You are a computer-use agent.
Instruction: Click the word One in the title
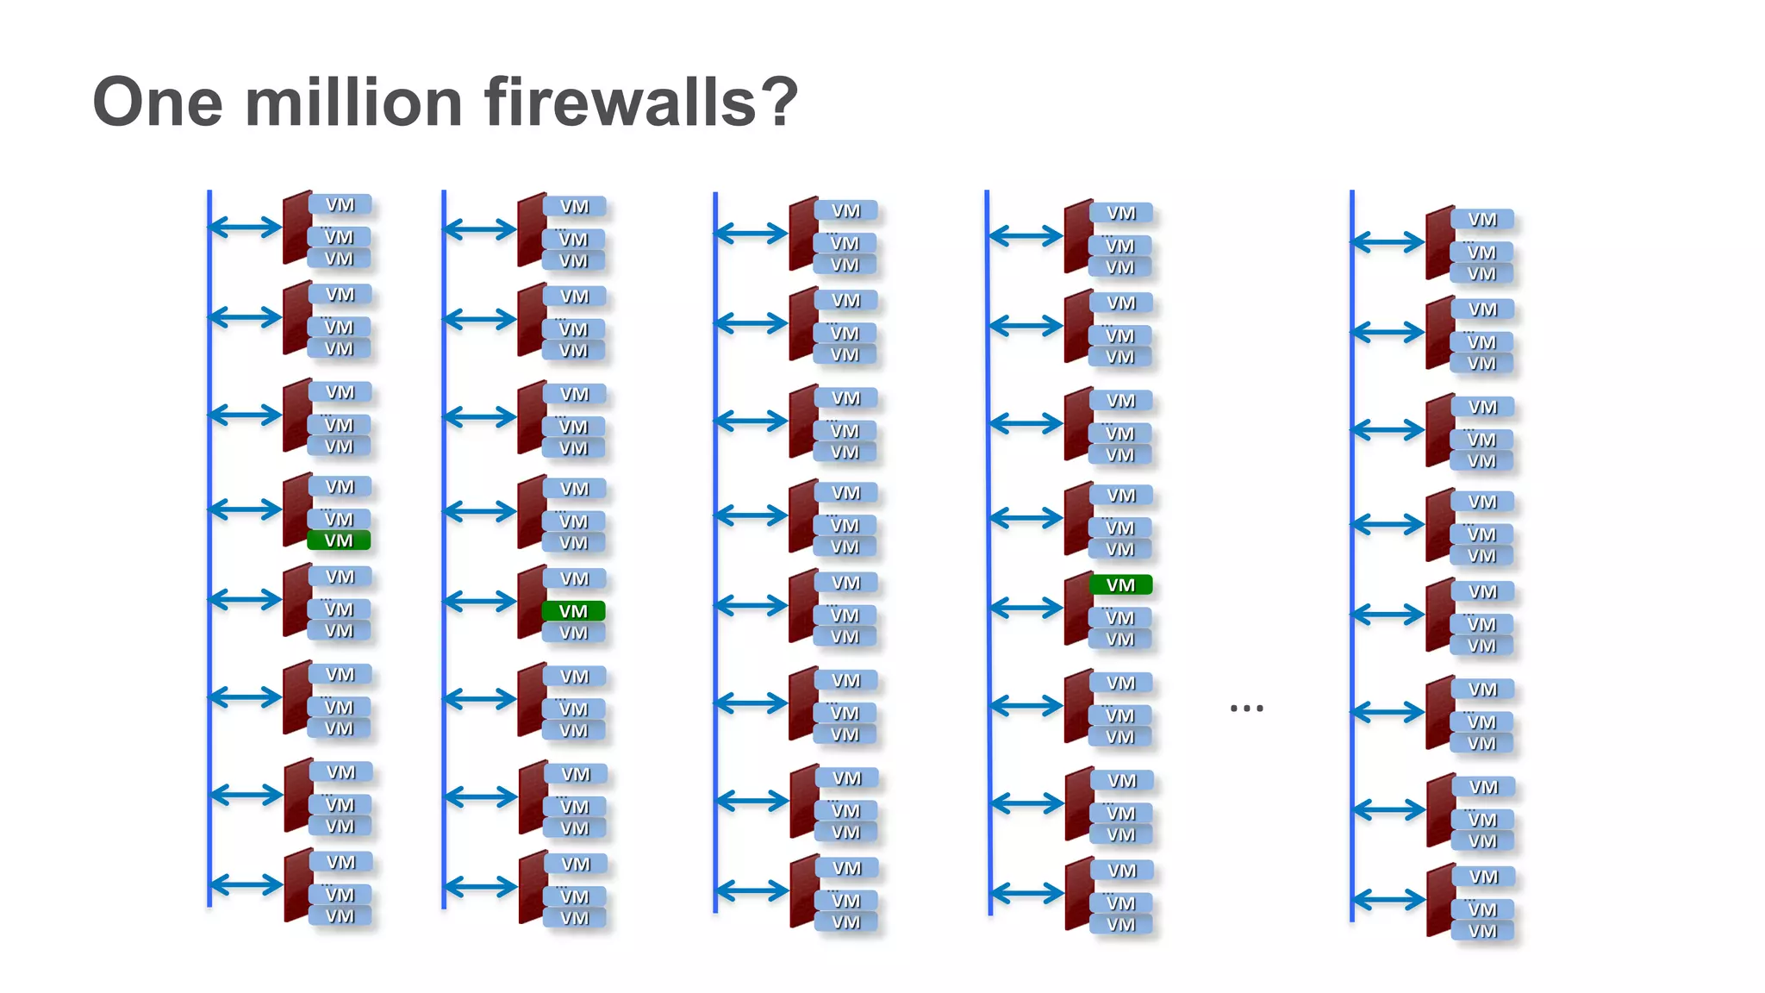click(x=158, y=102)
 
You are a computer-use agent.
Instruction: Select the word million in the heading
click(x=354, y=102)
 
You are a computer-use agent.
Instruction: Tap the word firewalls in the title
click(x=621, y=102)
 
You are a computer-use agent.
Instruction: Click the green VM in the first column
click(x=339, y=540)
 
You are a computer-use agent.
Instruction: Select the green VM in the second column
click(x=573, y=611)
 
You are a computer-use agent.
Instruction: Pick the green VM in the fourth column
click(x=1120, y=585)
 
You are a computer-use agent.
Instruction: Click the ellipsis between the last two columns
click(x=1246, y=708)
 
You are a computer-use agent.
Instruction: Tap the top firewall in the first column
click(x=297, y=228)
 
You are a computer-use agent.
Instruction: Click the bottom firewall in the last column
click(x=1440, y=900)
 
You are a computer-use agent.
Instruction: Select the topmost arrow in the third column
click(x=751, y=233)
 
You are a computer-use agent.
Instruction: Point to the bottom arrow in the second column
click(x=480, y=886)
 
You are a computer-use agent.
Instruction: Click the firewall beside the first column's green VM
click(x=297, y=509)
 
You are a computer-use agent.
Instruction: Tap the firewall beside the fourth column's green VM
click(x=1078, y=608)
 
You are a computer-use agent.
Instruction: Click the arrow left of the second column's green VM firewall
click(x=480, y=601)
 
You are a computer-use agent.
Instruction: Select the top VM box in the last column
click(x=1482, y=220)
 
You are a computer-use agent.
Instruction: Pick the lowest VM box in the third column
click(x=845, y=922)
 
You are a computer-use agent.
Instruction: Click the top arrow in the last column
click(x=1388, y=242)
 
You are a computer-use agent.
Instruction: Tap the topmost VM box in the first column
click(x=340, y=204)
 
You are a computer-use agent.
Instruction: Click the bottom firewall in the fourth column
click(x=1079, y=893)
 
